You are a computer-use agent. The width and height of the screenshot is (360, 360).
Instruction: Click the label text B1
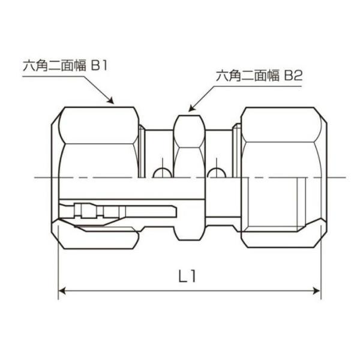99,65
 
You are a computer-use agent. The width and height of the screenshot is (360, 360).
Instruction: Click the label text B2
293,76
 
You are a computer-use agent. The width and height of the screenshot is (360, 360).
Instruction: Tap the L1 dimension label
187,276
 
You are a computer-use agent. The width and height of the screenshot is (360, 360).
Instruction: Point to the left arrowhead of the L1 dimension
62,291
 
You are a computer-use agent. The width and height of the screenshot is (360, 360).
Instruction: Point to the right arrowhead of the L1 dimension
317,291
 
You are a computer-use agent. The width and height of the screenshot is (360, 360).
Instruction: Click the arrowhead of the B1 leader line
111,101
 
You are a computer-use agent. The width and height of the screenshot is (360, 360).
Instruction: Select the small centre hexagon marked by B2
189,131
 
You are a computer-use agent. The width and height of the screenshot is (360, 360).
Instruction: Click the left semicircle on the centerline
162,173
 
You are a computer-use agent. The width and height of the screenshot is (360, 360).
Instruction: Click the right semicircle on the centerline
217,173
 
